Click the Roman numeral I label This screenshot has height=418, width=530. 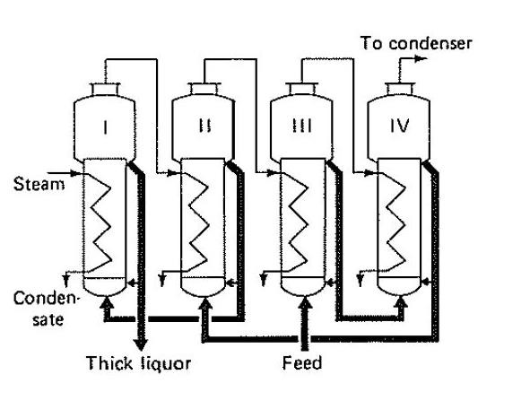(106, 127)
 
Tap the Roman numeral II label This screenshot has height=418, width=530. (204, 126)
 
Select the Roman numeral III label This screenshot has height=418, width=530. (302, 126)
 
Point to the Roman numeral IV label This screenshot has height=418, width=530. (400, 126)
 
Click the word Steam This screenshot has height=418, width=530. (39, 184)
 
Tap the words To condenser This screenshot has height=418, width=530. (416, 43)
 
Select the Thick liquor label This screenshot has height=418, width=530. (139, 363)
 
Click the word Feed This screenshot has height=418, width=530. (302, 363)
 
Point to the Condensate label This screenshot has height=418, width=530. (47, 309)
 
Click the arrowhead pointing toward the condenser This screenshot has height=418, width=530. (421, 59)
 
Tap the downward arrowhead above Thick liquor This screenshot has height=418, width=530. (140, 344)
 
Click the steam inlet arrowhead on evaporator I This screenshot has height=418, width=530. (76, 173)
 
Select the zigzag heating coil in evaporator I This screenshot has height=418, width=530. (99, 223)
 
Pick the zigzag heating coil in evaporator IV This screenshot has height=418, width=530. (393, 222)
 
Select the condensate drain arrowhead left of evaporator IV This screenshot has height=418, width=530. (361, 280)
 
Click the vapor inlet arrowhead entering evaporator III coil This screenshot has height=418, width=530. (273, 173)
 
